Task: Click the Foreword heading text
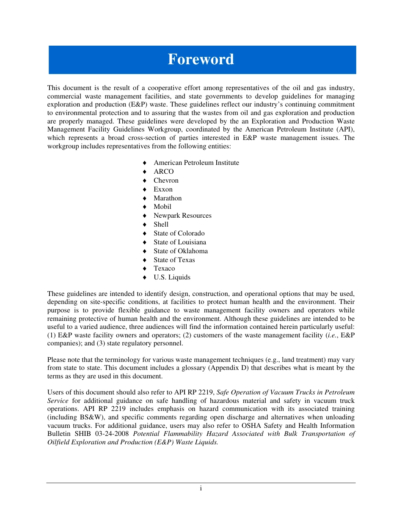pyautogui.click(x=201, y=59)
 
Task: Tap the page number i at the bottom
pyautogui.click(x=201, y=489)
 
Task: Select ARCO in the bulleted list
pyautogui.click(x=163, y=172)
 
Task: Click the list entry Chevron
pyautogui.click(x=166, y=181)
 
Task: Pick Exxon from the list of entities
pyautogui.click(x=163, y=189)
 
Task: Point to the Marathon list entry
pyautogui.click(x=168, y=198)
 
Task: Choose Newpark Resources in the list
pyautogui.click(x=182, y=216)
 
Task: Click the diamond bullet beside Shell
pyautogui.click(x=145, y=224)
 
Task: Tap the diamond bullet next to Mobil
pyautogui.click(x=145, y=207)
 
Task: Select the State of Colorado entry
pyautogui.click(x=179, y=233)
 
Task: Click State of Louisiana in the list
pyautogui.click(x=180, y=242)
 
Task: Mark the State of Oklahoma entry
pyautogui.click(x=181, y=251)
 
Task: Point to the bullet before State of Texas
pyautogui.click(x=145, y=260)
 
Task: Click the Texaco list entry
pyautogui.click(x=164, y=268)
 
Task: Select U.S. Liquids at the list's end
pyautogui.click(x=172, y=277)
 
